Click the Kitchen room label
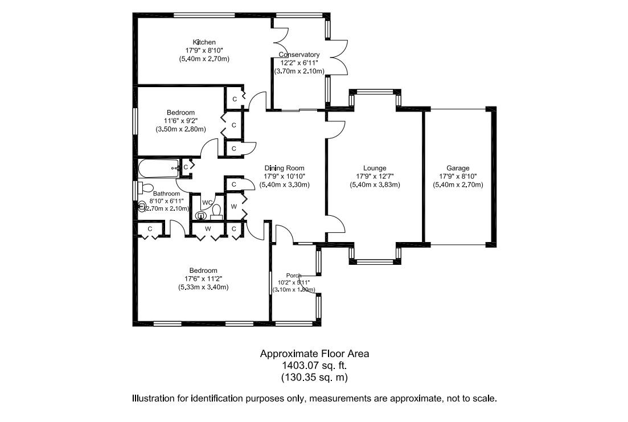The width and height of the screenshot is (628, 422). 204,42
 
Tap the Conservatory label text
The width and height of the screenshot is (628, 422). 299,55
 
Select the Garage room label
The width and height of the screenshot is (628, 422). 458,168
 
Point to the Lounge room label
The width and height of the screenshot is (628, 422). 375,168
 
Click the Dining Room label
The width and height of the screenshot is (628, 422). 284,168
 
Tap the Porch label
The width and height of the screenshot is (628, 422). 294,276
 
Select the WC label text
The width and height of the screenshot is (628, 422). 208,202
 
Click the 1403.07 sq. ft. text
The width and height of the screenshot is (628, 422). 314,365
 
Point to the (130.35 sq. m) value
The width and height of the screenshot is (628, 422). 314,377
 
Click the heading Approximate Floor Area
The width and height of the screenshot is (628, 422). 314,354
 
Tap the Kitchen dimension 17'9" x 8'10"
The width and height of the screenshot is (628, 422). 204,50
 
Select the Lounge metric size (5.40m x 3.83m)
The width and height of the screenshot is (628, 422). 375,185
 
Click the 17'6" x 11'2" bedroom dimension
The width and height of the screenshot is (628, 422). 203,279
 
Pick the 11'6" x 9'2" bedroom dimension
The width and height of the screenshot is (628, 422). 180,121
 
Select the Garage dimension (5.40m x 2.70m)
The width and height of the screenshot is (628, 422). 458,185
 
